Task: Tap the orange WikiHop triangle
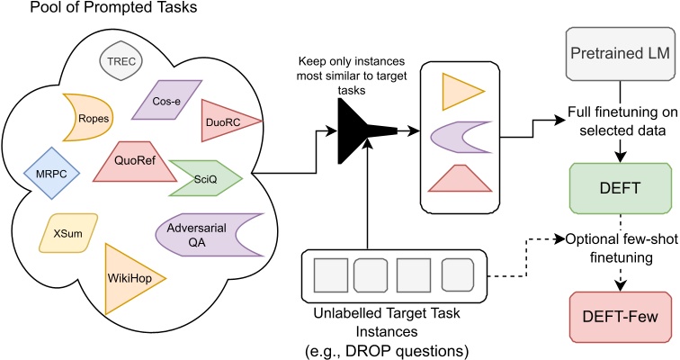(x=128, y=277)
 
